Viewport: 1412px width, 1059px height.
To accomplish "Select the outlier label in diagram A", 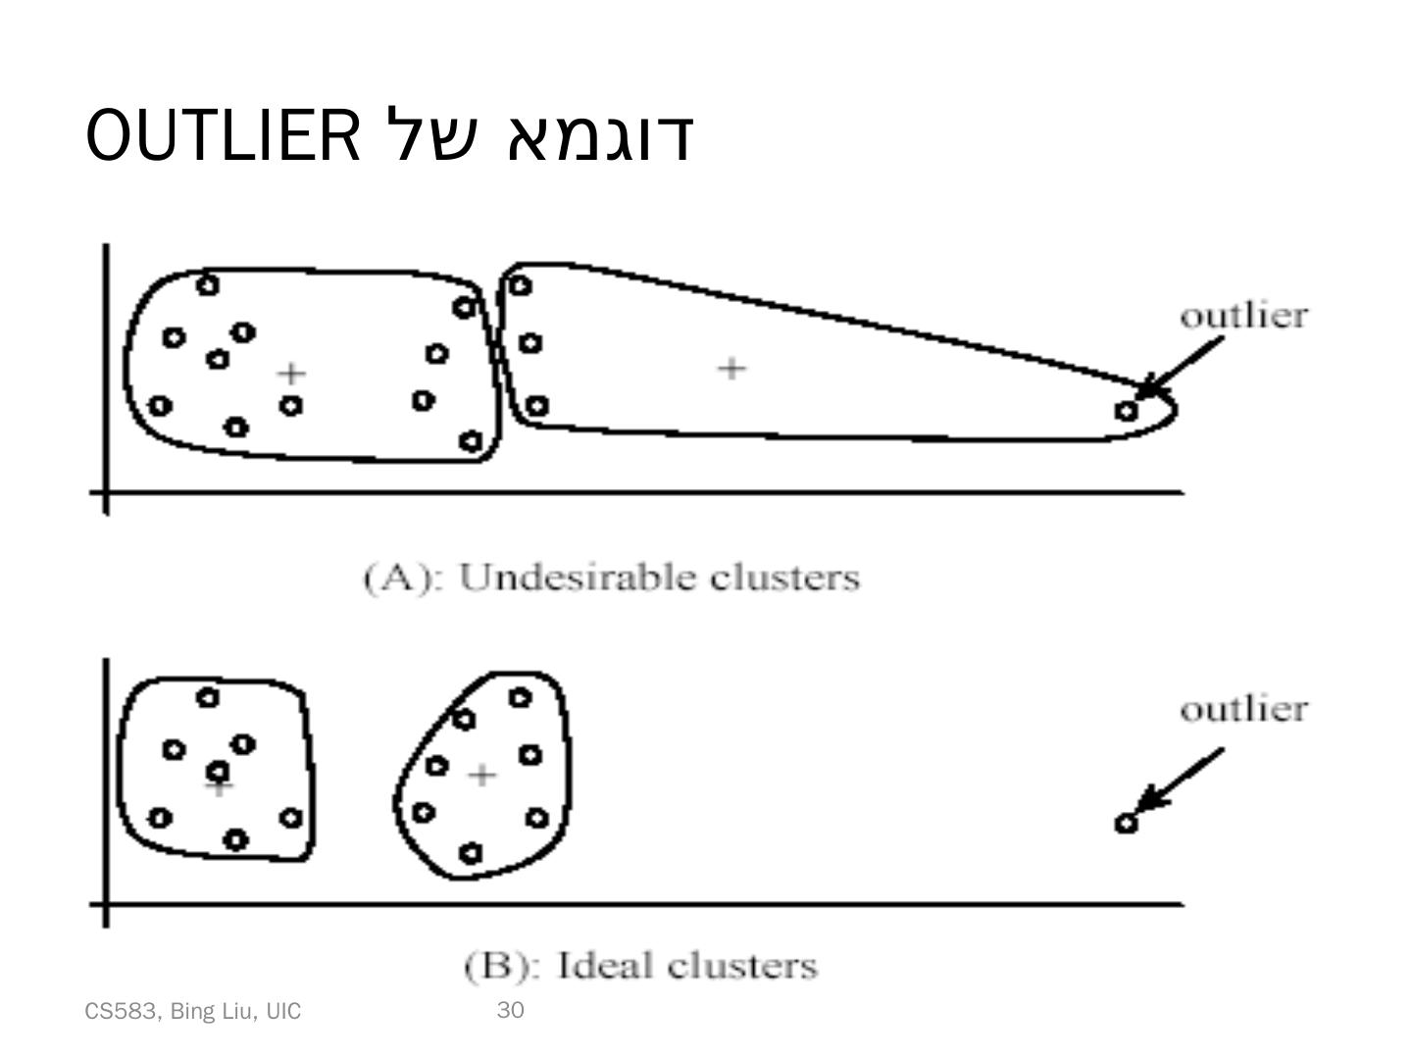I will (x=1243, y=317).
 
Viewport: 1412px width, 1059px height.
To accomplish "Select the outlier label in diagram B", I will (x=1243, y=709).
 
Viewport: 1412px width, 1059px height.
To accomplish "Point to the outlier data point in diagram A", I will (x=1127, y=411).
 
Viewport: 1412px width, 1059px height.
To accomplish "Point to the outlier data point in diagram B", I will (x=1126, y=823).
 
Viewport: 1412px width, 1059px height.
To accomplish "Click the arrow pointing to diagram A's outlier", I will (x=1182, y=367).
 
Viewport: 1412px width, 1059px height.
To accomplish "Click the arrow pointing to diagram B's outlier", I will (x=1182, y=780).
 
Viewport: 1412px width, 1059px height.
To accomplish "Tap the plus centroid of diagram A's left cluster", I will (x=290, y=374).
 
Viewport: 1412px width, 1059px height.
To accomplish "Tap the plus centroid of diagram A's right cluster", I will (x=731, y=369).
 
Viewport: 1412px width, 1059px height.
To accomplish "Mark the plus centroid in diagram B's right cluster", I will (x=480, y=776).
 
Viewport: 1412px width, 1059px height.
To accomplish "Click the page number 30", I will (x=511, y=1011).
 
